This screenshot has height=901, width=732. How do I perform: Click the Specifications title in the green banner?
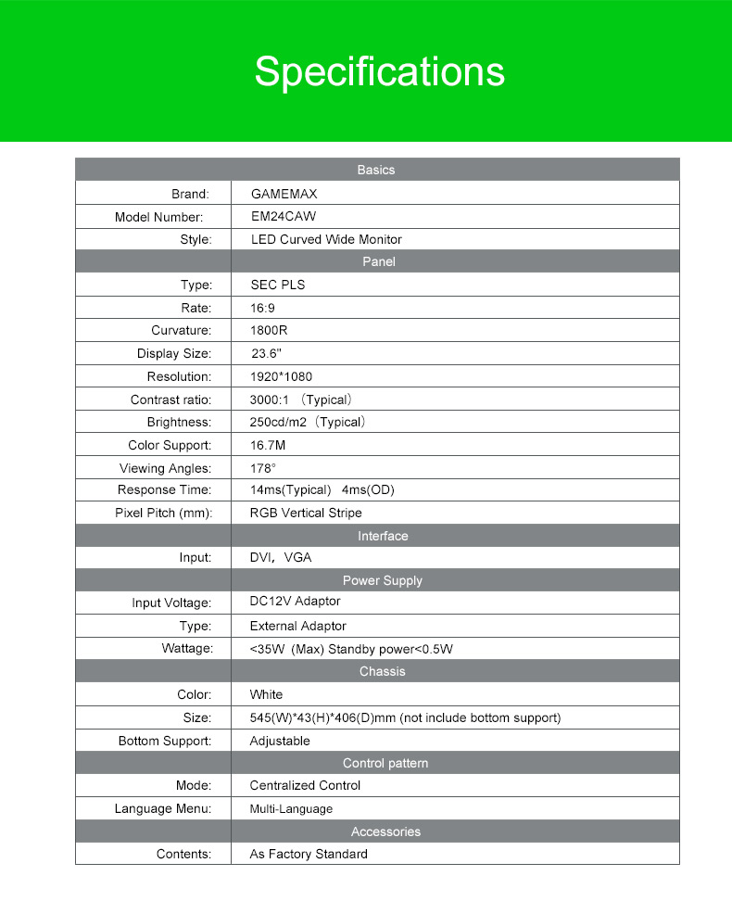coord(380,72)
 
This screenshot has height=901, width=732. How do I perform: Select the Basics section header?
coord(376,170)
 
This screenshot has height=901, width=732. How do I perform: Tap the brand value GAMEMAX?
coord(284,195)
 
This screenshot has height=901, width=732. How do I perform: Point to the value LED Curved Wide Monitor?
coord(326,239)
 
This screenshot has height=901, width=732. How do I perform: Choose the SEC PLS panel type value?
coord(277,285)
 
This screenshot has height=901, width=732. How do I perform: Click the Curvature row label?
coord(182,330)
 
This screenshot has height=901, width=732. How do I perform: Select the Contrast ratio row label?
coord(171,400)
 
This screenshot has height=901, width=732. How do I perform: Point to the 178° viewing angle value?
coord(263,468)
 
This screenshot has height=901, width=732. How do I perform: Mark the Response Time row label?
coord(165,489)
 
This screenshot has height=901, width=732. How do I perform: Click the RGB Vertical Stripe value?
coord(306,513)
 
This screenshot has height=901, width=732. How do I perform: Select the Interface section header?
coord(383,536)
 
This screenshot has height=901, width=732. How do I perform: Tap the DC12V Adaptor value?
coord(295,602)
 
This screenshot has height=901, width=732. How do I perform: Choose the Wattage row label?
coord(187,648)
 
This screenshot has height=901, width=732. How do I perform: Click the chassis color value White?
coord(266,694)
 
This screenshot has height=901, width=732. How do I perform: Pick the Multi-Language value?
coord(291,809)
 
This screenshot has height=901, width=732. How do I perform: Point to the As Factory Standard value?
coord(309,854)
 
